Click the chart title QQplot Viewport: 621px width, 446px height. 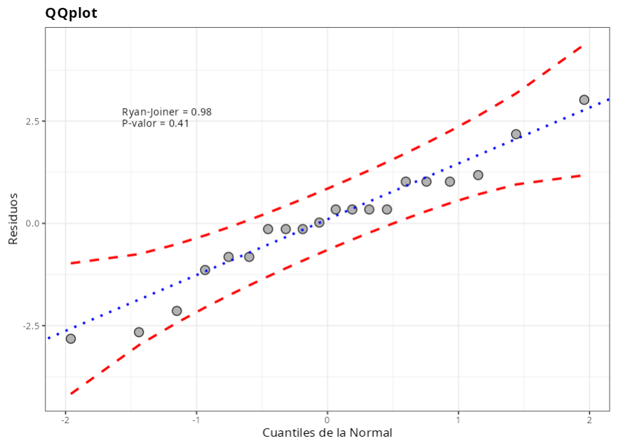point(71,13)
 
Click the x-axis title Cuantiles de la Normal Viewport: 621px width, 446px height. point(327,432)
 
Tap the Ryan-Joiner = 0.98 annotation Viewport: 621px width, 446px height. point(167,112)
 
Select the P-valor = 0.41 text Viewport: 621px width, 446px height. point(155,123)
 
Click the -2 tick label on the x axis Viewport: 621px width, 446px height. point(65,418)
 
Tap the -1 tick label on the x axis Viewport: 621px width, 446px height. point(196,418)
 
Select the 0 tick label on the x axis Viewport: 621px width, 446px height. point(327,418)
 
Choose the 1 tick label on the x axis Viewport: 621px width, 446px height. point(458,418)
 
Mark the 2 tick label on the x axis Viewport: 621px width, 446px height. point(589,418)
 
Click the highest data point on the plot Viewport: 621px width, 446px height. point(584,100)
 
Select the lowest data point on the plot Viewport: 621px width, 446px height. point(71,339)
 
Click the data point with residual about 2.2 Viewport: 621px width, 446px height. point(516,134)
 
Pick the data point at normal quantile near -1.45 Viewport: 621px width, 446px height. point(139,332)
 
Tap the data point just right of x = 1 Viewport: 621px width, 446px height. point(478,175)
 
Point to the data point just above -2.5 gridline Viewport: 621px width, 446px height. point(177,311)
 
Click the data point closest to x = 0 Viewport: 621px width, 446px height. point(319,223)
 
